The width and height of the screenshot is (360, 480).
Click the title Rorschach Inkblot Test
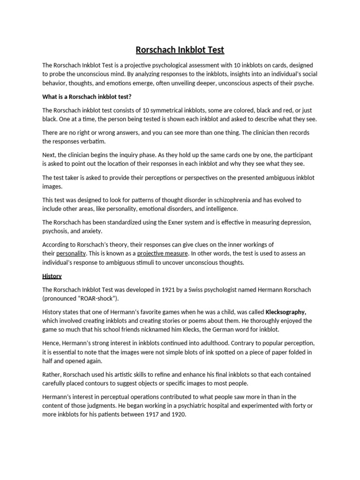180,49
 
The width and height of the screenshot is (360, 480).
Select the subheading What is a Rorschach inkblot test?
87,97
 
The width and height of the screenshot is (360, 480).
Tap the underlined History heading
52,276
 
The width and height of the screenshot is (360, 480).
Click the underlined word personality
71,254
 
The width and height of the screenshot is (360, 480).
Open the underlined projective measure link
162,254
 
